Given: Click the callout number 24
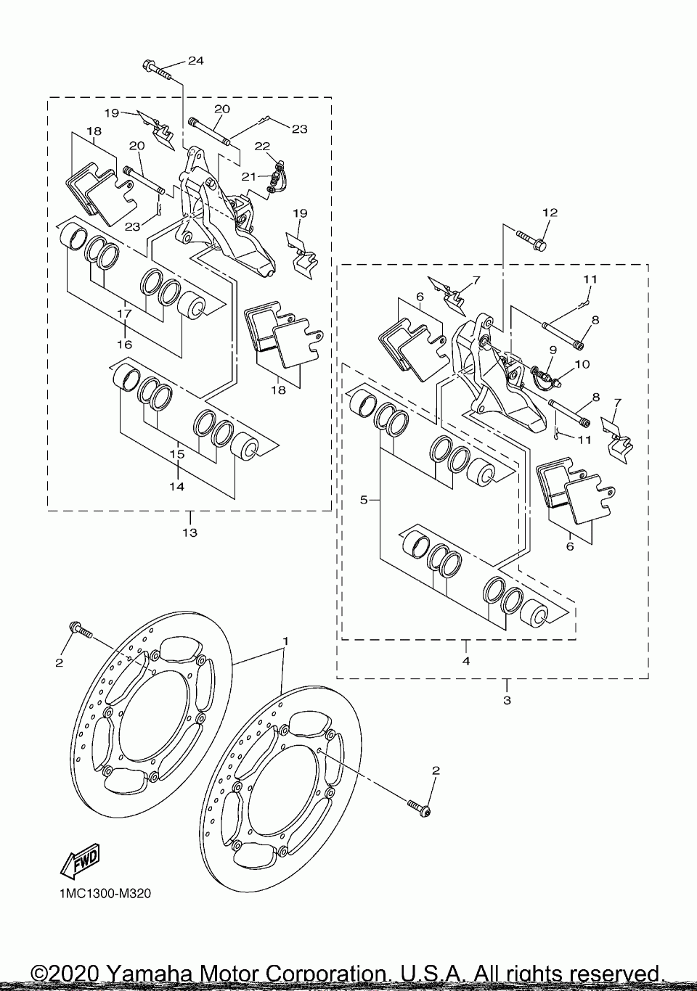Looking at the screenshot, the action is (x=195, y=60).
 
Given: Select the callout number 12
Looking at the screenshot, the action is (x=550, y=213).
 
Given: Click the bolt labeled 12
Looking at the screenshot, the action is (x=531, y=239).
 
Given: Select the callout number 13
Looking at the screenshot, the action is (x=190, y=532).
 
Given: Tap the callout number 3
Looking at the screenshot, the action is (x=507, y=700).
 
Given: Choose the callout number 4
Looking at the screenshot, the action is (x=466, y=661).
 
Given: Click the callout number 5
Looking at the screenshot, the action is (x=364, y=501).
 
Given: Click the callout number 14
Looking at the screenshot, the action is (x=176, y=487).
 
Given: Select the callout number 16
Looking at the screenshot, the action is (x=125, y=344).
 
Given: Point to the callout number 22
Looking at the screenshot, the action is (x=262, y=146).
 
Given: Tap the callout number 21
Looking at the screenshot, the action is (x=248, y=177).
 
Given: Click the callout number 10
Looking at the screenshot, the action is (x=583, y=364).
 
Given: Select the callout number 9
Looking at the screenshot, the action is (x=553, y=350).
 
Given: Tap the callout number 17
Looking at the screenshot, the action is (x=124, y=313).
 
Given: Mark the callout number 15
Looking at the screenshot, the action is (x=176, y=455).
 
